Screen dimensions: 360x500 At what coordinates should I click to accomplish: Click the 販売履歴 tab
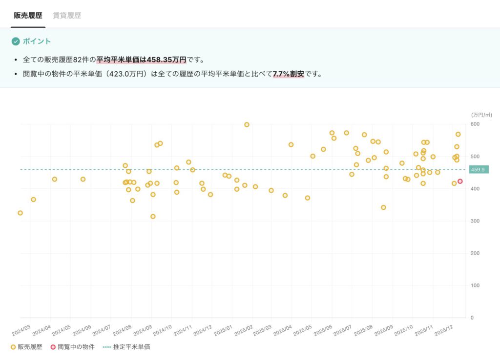28,15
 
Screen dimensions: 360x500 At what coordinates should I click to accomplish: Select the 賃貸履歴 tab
67,15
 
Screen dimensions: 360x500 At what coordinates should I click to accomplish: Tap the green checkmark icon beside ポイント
16,41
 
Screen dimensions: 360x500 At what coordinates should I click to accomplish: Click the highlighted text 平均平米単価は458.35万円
141,60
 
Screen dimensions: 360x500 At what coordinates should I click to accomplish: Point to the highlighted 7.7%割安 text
288,75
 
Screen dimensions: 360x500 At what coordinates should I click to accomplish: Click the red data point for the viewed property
460,181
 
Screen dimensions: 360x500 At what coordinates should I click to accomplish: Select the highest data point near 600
247,124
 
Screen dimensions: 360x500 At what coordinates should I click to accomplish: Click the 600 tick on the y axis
475,124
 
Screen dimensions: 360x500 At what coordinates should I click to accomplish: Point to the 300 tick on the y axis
475,221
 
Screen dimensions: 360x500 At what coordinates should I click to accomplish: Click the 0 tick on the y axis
472,318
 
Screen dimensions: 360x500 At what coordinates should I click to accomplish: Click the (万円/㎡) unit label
481,115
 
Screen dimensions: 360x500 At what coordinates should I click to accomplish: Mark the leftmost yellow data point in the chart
20,213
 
